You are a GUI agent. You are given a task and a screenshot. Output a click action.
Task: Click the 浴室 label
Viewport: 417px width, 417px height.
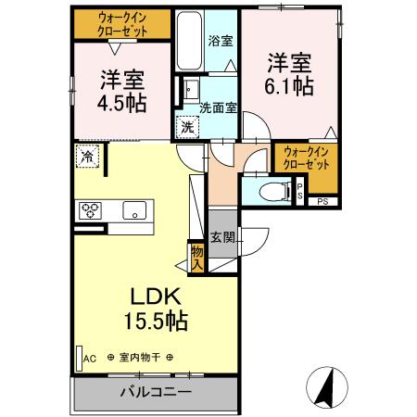click(x=221, y=43)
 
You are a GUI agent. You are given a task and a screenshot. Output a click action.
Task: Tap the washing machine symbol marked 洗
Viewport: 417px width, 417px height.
click(x=187, y=126)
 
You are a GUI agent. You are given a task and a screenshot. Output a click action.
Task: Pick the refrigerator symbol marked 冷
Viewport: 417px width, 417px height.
click(x=86, y=158)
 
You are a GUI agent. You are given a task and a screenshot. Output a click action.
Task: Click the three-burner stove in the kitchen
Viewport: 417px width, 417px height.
click(x=92, y=209)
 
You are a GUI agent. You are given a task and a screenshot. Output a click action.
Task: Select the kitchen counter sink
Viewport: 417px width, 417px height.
click(x=134, y=209)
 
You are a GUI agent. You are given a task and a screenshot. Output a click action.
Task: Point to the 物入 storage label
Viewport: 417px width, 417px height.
click(x=197, y=257)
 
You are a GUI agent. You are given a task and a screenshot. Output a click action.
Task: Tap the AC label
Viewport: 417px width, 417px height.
click(x=90, y=358)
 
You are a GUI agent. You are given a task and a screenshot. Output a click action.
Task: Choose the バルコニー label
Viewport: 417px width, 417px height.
click(x=155, y=392)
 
